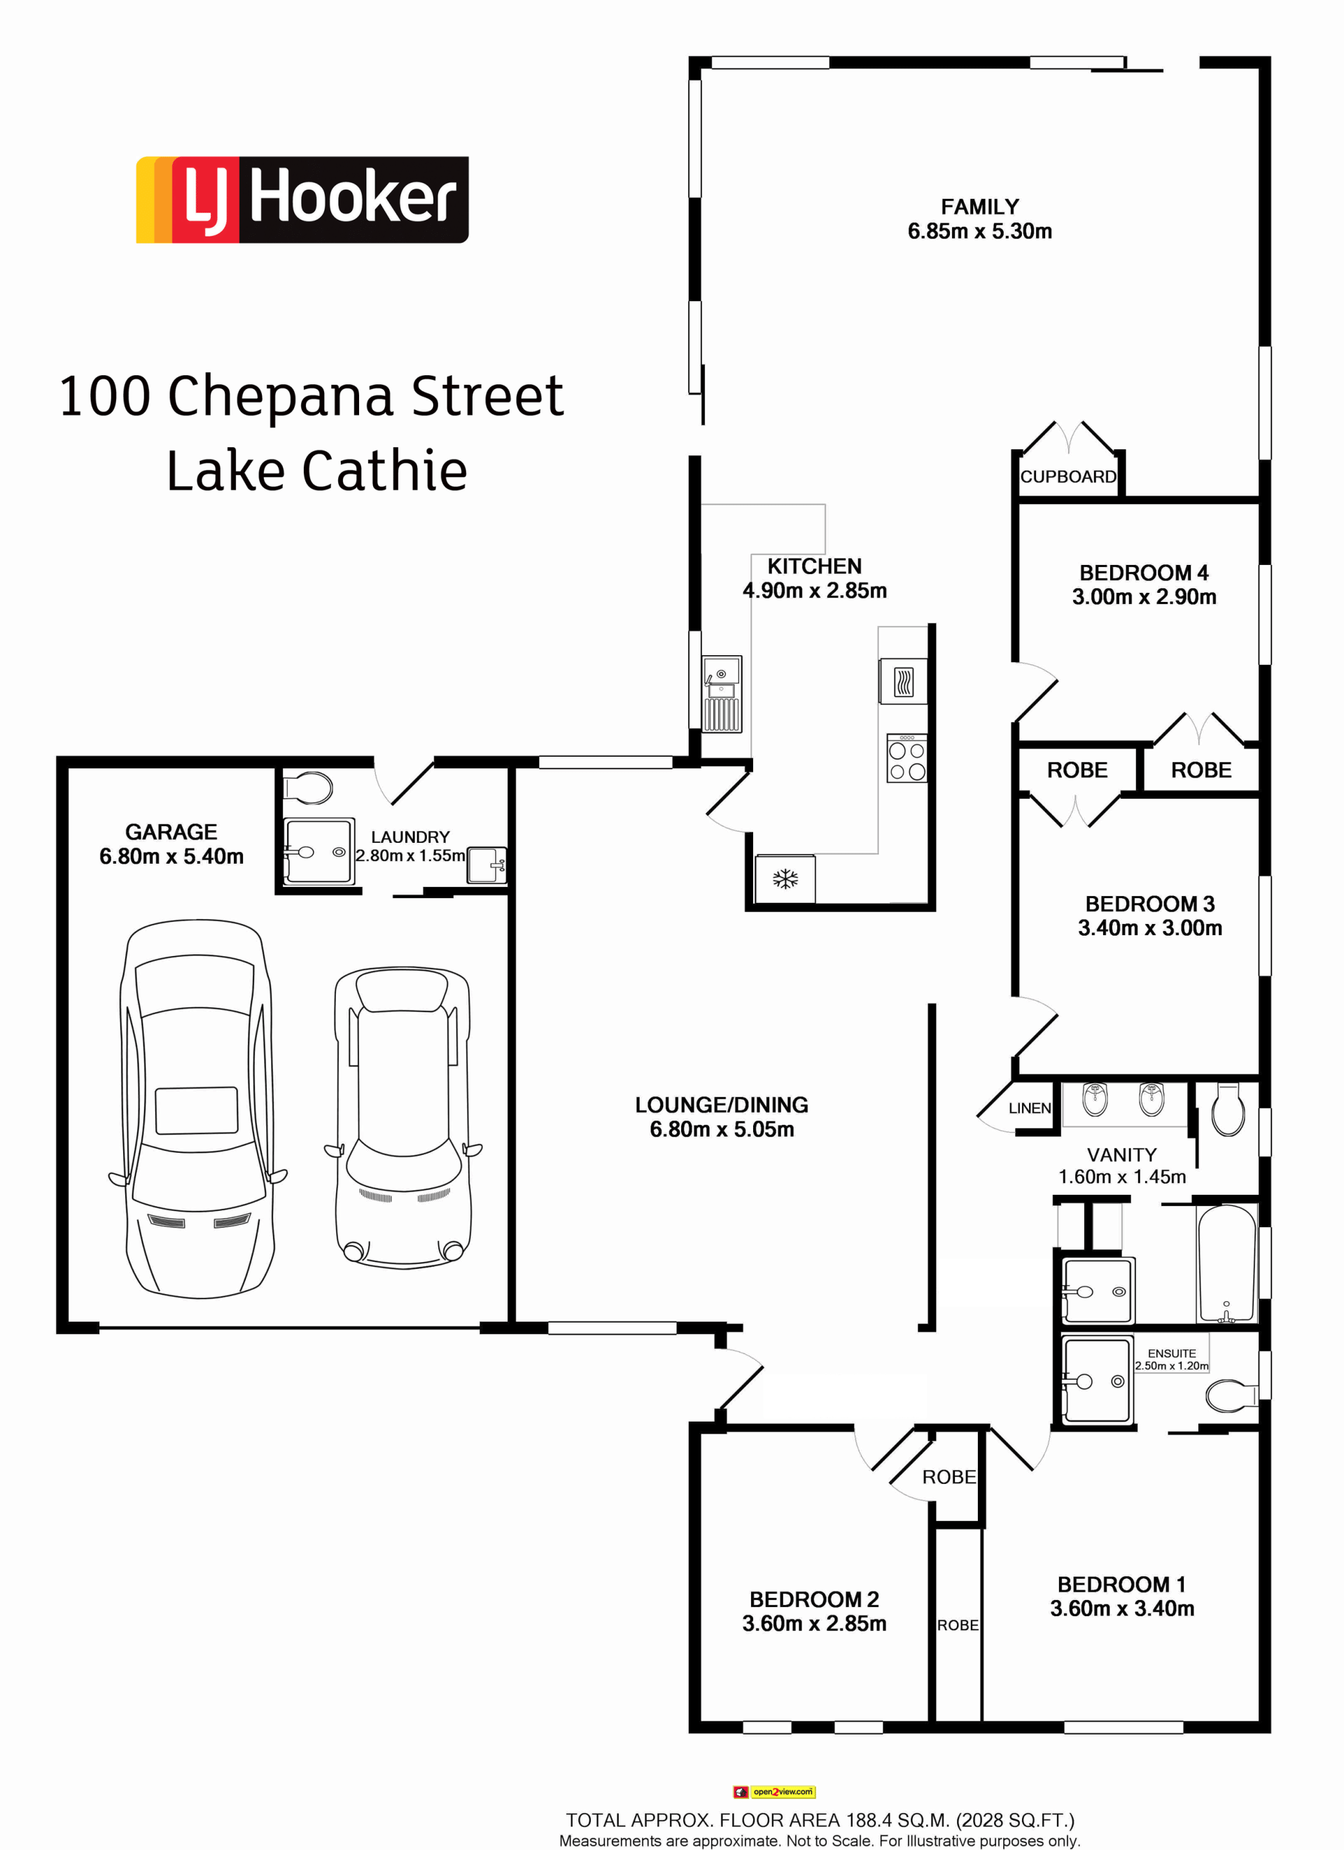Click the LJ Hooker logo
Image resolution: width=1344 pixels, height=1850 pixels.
tap(302, 200)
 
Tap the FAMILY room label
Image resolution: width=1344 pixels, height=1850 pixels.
tap(979, 207)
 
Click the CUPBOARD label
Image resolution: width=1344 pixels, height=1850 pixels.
tap(1068, 477)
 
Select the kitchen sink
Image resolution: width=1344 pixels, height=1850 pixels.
tap(722, 694)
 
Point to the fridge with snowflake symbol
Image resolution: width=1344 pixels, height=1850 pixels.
tap(785, 878)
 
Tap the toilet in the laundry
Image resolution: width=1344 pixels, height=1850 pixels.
tap(308, 789)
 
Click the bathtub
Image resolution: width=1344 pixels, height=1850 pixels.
tap(1226, 1263)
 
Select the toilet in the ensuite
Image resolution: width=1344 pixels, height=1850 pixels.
tap(1232, 1396)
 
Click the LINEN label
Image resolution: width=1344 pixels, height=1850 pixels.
tap(1029, 1109)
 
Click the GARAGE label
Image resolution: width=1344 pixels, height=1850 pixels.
tap(171, 832)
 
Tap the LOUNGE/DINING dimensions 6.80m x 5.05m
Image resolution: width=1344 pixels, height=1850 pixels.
tap(722, 1129)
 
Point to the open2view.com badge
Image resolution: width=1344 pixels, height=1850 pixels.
tap(774, 1792)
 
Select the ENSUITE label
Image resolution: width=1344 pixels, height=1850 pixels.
tap(1172, 1353)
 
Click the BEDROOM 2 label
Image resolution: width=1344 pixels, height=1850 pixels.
tap(814, 1599)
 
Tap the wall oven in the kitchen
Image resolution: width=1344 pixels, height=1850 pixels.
tap(904, 681)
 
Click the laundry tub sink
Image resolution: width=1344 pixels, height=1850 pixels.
tap(487, 865)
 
